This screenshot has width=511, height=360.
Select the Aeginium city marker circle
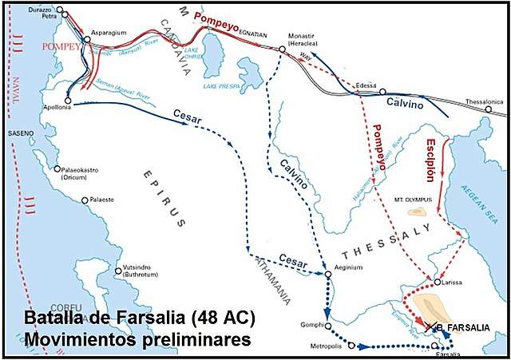329,275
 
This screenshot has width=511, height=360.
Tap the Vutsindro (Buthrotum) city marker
118,271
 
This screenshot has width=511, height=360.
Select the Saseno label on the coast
21,133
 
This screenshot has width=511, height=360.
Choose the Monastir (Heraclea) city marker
282,49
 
